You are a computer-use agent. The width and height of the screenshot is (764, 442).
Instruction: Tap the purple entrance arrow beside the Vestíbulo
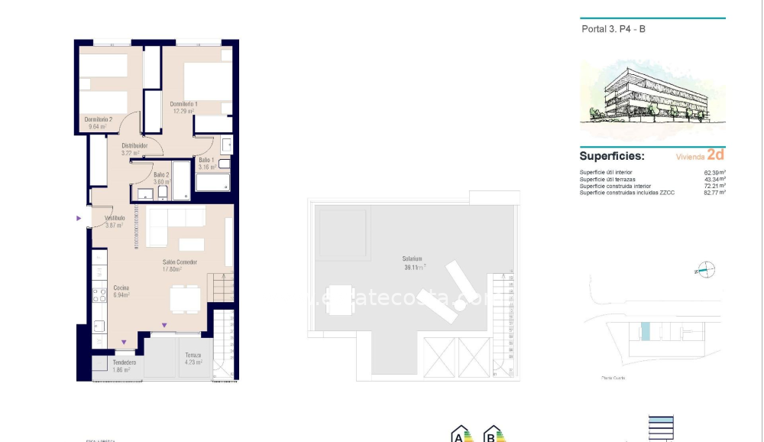(x=79, y=219)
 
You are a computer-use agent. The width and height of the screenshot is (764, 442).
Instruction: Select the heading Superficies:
(x=611, y=156)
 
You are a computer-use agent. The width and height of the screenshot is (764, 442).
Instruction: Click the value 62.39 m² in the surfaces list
(x=714, y=173)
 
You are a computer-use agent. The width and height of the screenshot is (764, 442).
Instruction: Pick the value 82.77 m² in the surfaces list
(x=714, y=193)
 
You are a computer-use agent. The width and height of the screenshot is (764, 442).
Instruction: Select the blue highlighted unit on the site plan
(x=646, y=332)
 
